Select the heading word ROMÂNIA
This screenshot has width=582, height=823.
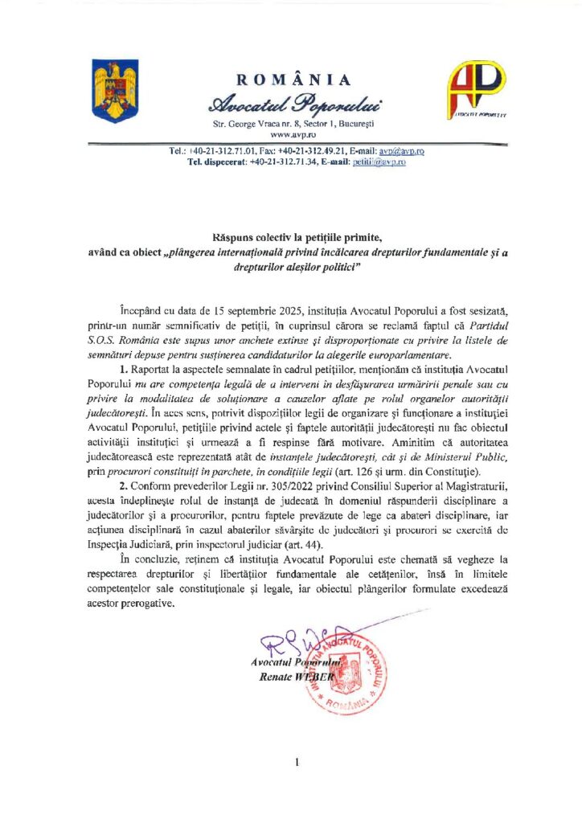(x=293, y=80)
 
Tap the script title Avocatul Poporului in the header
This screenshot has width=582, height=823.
(x=294, y=103)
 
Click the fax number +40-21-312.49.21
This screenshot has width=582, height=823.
(x=310, y=151)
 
